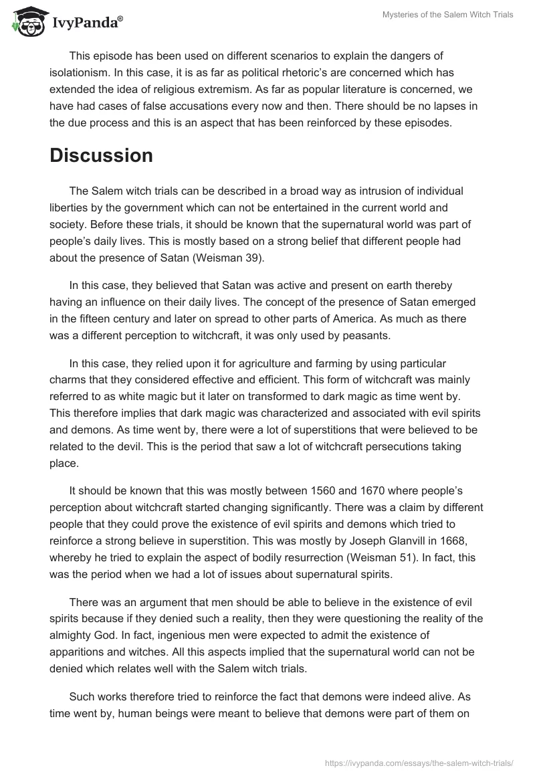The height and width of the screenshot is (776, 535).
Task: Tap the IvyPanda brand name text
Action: pyautogui.click(x=86, y=23)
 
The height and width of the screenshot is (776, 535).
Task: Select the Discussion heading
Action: pyautogui.click(x=101, y=155)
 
